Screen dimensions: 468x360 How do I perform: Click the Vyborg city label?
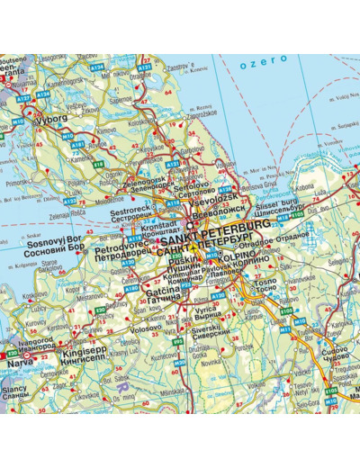49,118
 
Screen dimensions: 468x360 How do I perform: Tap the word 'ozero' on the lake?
270,59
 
